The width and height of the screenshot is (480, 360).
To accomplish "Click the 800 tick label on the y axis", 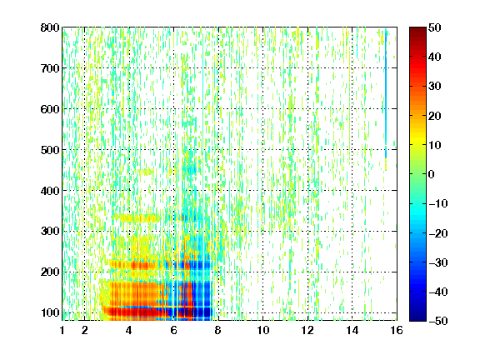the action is click(x=50, y=27).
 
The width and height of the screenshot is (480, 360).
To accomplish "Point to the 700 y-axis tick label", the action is click(x=50, y=68).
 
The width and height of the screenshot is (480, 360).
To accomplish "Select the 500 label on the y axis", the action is click(x=50, y=150).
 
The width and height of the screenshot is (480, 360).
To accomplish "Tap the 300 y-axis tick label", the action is click(x=50, y=231).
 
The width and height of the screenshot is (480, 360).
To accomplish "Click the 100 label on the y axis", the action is click(x=50, y=312).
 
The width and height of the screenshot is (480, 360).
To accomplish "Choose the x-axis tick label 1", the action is click(x=62, y=330).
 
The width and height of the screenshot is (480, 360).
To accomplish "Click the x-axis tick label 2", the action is click(x=85, y=330).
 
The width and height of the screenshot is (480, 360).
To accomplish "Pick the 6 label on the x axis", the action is click(x=173, y=330).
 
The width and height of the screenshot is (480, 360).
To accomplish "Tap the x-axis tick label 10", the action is click(x=262, y=330).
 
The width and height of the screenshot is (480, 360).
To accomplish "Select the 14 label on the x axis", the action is click(x=352, y=330).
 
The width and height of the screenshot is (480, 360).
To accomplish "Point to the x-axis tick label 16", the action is click(x=397, y=330).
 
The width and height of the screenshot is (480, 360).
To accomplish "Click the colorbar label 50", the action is click(x=435, y=27).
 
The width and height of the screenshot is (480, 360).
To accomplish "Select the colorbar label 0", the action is click(x=432, y=174).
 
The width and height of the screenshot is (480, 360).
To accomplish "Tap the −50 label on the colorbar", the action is click(x=438, y=321).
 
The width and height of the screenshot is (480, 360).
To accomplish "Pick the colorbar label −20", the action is click(x=438, y=233).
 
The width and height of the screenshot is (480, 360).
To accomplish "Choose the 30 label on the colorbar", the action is click(x=435, y=86).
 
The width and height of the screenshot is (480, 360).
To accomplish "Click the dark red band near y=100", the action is click(x=147, y=312).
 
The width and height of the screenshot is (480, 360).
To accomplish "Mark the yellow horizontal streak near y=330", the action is click(x=136, y=218).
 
